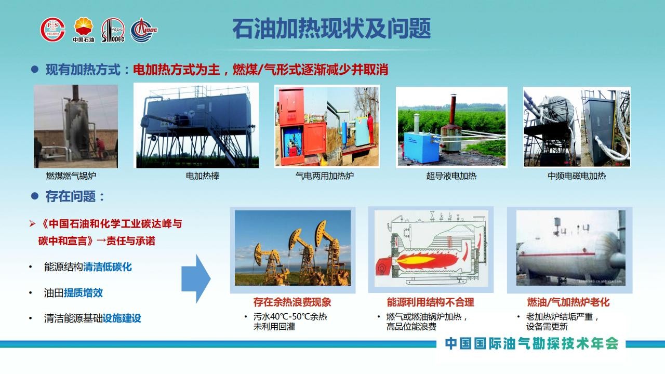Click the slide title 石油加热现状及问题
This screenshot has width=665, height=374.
[x=331, y=29]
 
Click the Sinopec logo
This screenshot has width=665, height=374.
[x=113, y=30]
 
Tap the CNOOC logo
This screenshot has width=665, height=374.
[x=144, y=30]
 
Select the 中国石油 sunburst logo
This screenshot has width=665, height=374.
[x=84, y=30]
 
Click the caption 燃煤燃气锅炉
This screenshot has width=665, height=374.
[x=71, y=176]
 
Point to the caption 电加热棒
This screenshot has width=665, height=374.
[x=203, y=176]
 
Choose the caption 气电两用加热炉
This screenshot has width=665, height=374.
[x=325, y=176]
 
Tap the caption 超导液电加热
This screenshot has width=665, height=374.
[x=451, y=176]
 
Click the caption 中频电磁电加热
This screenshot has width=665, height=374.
[x=577, y=176]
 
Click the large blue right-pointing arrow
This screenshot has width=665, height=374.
[x=196, y=279]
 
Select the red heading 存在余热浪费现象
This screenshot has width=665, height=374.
[x=292, y=302]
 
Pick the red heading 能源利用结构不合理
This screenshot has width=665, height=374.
[x=431, y=302]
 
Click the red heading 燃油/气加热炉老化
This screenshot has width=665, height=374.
[x=568, y=302]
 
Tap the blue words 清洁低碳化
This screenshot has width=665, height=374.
[x=108, y=267]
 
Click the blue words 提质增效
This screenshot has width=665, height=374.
[x=83, y=293]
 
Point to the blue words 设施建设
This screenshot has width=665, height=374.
[x=122, y=318]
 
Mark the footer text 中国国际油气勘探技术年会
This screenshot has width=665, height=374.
[x=531, y=344]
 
